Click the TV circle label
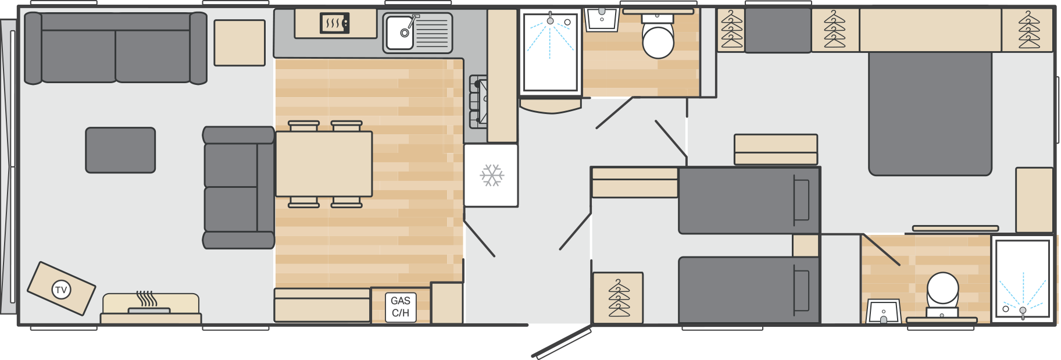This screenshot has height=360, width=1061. point(61,289)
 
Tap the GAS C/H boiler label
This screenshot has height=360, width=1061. point(401,306)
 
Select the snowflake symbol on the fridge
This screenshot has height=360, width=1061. point(492,175)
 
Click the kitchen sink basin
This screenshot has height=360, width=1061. point(400,33)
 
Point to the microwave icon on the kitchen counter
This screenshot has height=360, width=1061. point(334,23)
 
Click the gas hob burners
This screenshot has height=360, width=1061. point(478,102)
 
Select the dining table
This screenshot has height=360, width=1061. point(324,164)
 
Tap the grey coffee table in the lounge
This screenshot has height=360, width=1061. point(120,150)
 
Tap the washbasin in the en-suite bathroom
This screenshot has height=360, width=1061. point(884,311)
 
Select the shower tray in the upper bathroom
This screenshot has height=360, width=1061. point(550,52)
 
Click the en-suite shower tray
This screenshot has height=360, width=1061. point(1023,279)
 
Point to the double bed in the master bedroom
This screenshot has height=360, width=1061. point(930,113)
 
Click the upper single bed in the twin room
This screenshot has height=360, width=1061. point(749,201)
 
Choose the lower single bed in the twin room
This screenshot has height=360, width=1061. point(749,290)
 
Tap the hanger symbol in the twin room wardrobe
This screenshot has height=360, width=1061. point(619,298)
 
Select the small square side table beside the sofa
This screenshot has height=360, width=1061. point(240,43)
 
